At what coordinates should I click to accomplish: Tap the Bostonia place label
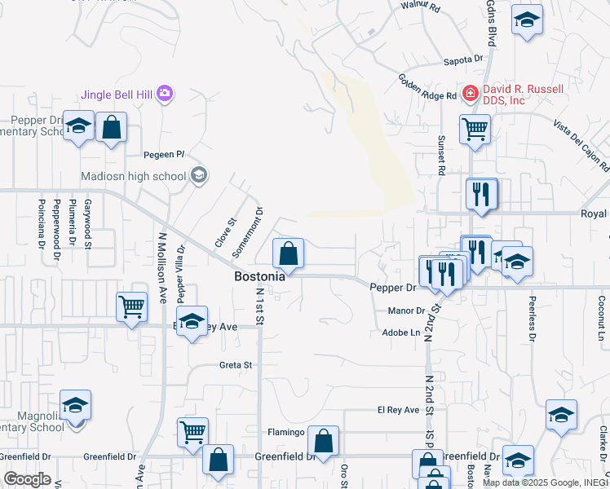coord(260,276)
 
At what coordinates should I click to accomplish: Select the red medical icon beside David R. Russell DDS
coord(470,94)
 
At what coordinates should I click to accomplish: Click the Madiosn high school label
coord(134,176)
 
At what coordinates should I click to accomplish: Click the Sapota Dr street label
coord(463,59)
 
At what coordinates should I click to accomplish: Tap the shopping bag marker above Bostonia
coord(288,253)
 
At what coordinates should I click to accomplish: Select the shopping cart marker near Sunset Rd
coord(475,129)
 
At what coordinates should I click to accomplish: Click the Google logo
coord(27,478)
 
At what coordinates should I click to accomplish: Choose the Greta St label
coord(236,365)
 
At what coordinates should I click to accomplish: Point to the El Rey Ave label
coord(398,410)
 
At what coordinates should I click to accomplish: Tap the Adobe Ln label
coord(400,333)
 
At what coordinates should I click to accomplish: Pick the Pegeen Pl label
coord(165,154)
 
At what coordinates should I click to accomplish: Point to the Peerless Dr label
coord(531,318)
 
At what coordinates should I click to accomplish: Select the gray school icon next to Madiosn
coord(198,175)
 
